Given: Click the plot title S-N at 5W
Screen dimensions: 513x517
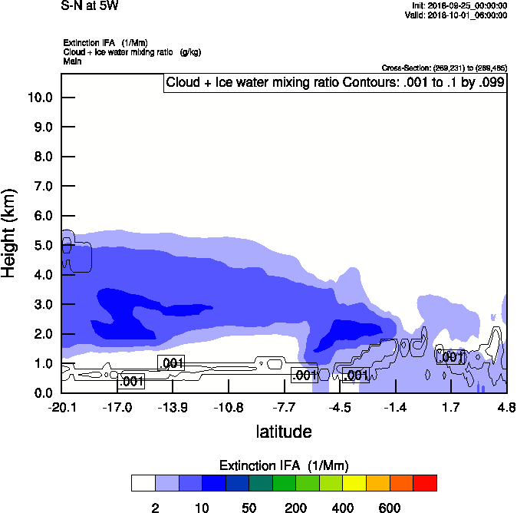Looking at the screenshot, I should tap(90, 6).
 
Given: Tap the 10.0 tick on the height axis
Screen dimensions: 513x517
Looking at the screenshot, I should tap(39, 98).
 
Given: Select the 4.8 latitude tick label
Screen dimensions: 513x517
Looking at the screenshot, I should tap(505, 406).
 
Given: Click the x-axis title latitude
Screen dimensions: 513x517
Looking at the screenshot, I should tap(284, 432).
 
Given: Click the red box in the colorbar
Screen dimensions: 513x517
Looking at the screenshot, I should tap(425, 483).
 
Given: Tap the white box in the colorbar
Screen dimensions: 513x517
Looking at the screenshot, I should tap(143, 483).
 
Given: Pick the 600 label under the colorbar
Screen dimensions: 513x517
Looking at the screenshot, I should tap(390, 508).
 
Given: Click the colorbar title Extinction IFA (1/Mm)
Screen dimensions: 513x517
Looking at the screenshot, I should tap(284, 465).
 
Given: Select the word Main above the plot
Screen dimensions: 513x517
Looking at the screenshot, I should tap(72, 61).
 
